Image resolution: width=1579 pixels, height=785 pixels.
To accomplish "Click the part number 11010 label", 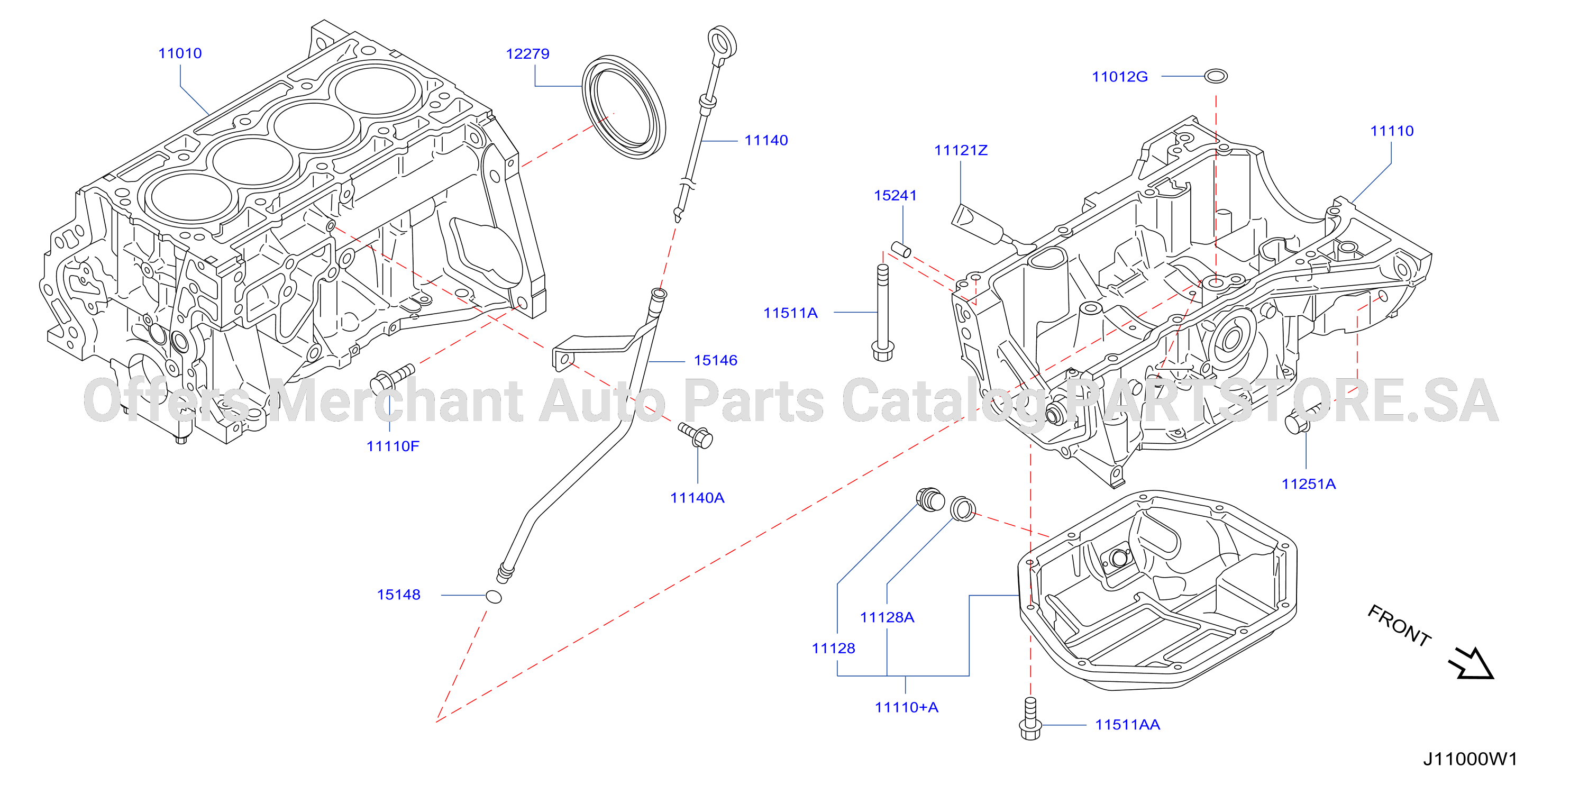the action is [x=180, y=53].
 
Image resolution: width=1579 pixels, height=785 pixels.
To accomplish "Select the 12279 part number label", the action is [x=527, y=54].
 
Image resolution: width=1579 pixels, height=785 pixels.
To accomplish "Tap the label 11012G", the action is [x=1119, y=77].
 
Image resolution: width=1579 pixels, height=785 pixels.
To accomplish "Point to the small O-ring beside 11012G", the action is [x=1216, y=76].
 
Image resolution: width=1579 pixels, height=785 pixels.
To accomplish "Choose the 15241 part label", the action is [x=895, y=196].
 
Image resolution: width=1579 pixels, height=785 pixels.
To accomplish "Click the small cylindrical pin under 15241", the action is [x=900, y=249].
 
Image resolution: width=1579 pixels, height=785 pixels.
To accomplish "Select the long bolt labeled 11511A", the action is [x=883, y=313].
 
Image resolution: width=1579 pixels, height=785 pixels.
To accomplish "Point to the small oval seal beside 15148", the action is [x=494, y=596].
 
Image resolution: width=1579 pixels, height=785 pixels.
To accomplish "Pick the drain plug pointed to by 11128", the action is [x=930, y=499].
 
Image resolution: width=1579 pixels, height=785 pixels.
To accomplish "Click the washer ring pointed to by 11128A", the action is [x=962, y=509].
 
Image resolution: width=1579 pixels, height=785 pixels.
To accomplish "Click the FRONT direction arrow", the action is [x=1471, y=664].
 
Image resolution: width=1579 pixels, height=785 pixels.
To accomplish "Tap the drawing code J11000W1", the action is [x=1470, y=759].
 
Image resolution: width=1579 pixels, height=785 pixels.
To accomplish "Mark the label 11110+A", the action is [x=906, y=707].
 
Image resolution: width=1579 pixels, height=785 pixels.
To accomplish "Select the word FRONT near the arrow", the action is [x=1399, y=625].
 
